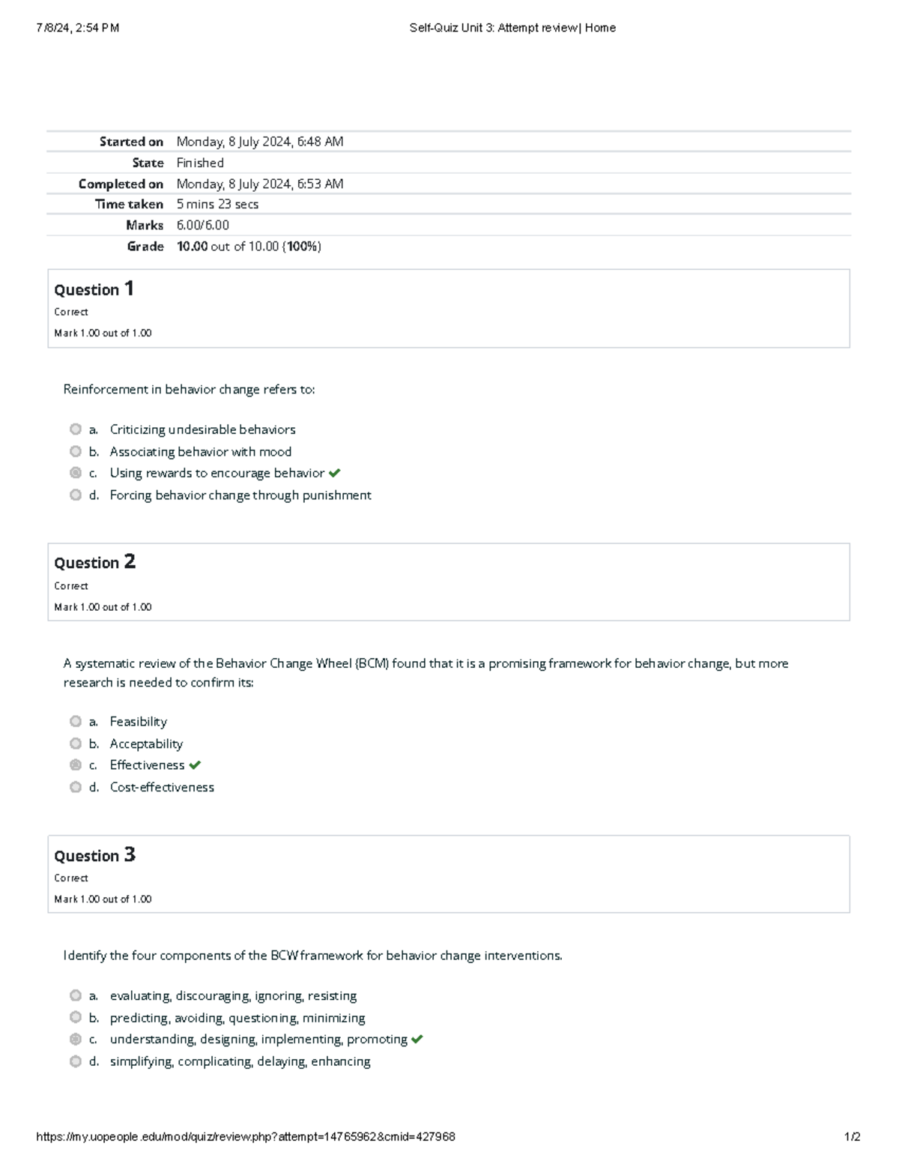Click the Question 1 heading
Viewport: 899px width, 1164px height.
click(x=94, y=289)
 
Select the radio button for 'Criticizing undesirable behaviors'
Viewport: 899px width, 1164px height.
click(x=76, y=429)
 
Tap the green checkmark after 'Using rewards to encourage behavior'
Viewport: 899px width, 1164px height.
click(x=334, y=473)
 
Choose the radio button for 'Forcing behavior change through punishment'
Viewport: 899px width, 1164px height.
click(x=76, y=495)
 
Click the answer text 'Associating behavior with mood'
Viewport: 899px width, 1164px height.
click(x=200, y=451)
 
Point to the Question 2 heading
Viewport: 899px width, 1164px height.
click(x=94, y=562)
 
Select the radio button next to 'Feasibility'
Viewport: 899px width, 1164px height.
click(x=76, y=721)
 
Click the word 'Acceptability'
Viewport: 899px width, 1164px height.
click(x=146, y=744)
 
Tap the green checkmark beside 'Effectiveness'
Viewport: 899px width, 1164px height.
click(x=195, y=765)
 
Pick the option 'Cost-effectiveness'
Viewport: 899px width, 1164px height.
click(x=162, y=787)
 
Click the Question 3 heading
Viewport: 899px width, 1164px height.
click(x=94, y=855)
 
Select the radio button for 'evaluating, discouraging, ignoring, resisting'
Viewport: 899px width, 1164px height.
click(x=76, y=995)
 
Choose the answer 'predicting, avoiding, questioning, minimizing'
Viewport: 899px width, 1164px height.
click(x=237, y=1018)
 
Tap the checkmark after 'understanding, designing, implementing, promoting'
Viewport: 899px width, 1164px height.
click(x=417, y=1040)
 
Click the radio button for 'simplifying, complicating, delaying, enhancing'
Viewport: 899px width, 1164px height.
click(x=76, y=1061)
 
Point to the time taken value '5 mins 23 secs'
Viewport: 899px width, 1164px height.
click(x=217, y=204)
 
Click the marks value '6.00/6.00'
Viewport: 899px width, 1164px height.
click(x=202, y=225)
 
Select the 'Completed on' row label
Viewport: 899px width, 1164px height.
click(x=121, y=184)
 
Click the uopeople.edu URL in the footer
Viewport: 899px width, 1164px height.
click(x=245, y=1136)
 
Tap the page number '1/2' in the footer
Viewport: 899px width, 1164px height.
click(x=852, y=1136)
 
